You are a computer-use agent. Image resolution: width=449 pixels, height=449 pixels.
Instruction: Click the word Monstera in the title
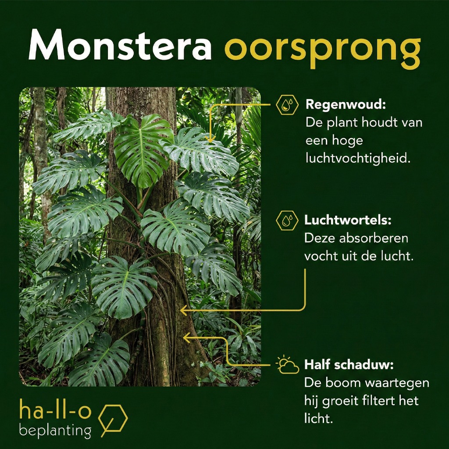tap(120, 46)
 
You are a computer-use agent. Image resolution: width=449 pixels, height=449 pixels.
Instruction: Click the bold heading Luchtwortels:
tap(347, 220)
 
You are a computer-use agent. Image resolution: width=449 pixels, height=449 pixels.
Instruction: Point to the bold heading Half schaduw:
tap(349, 365)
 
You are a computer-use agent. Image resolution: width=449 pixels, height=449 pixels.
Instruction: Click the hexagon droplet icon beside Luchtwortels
tap(287, 220)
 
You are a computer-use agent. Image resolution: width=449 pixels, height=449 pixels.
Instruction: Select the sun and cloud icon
tap(287, 365)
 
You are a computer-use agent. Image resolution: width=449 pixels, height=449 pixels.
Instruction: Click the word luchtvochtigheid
tap(358, 159)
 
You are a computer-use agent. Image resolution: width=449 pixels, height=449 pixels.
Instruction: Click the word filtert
tap(372, 401)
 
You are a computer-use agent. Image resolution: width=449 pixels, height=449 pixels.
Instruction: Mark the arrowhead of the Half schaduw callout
tap(186, 338)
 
